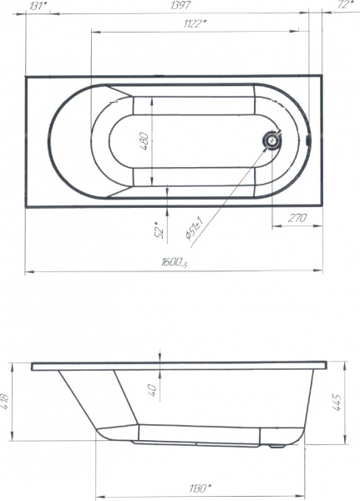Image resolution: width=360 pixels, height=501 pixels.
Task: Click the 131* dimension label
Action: click(x=38, y=6)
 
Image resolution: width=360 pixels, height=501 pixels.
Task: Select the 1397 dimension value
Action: click(x=179, y=6)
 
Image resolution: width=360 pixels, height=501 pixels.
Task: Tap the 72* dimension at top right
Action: click(x=342, y=6)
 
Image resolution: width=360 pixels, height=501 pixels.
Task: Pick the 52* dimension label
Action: click(x=158, y=229)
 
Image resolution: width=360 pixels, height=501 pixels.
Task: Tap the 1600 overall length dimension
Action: click(x=175, y=264)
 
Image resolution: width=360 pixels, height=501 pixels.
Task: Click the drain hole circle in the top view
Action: click(x=271, y=141)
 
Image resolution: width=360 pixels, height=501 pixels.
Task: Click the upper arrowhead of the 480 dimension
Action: click(x=152, y=97)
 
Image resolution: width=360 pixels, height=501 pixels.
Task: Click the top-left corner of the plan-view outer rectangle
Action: click(x=26, y=77)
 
